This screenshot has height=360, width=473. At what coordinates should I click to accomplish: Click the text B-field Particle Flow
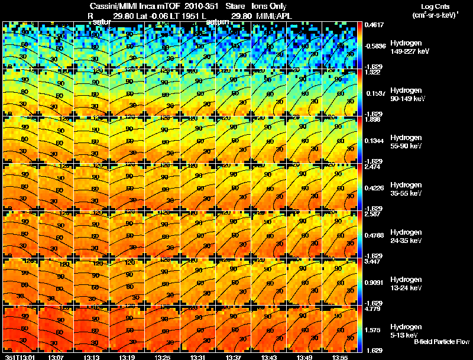441,342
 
